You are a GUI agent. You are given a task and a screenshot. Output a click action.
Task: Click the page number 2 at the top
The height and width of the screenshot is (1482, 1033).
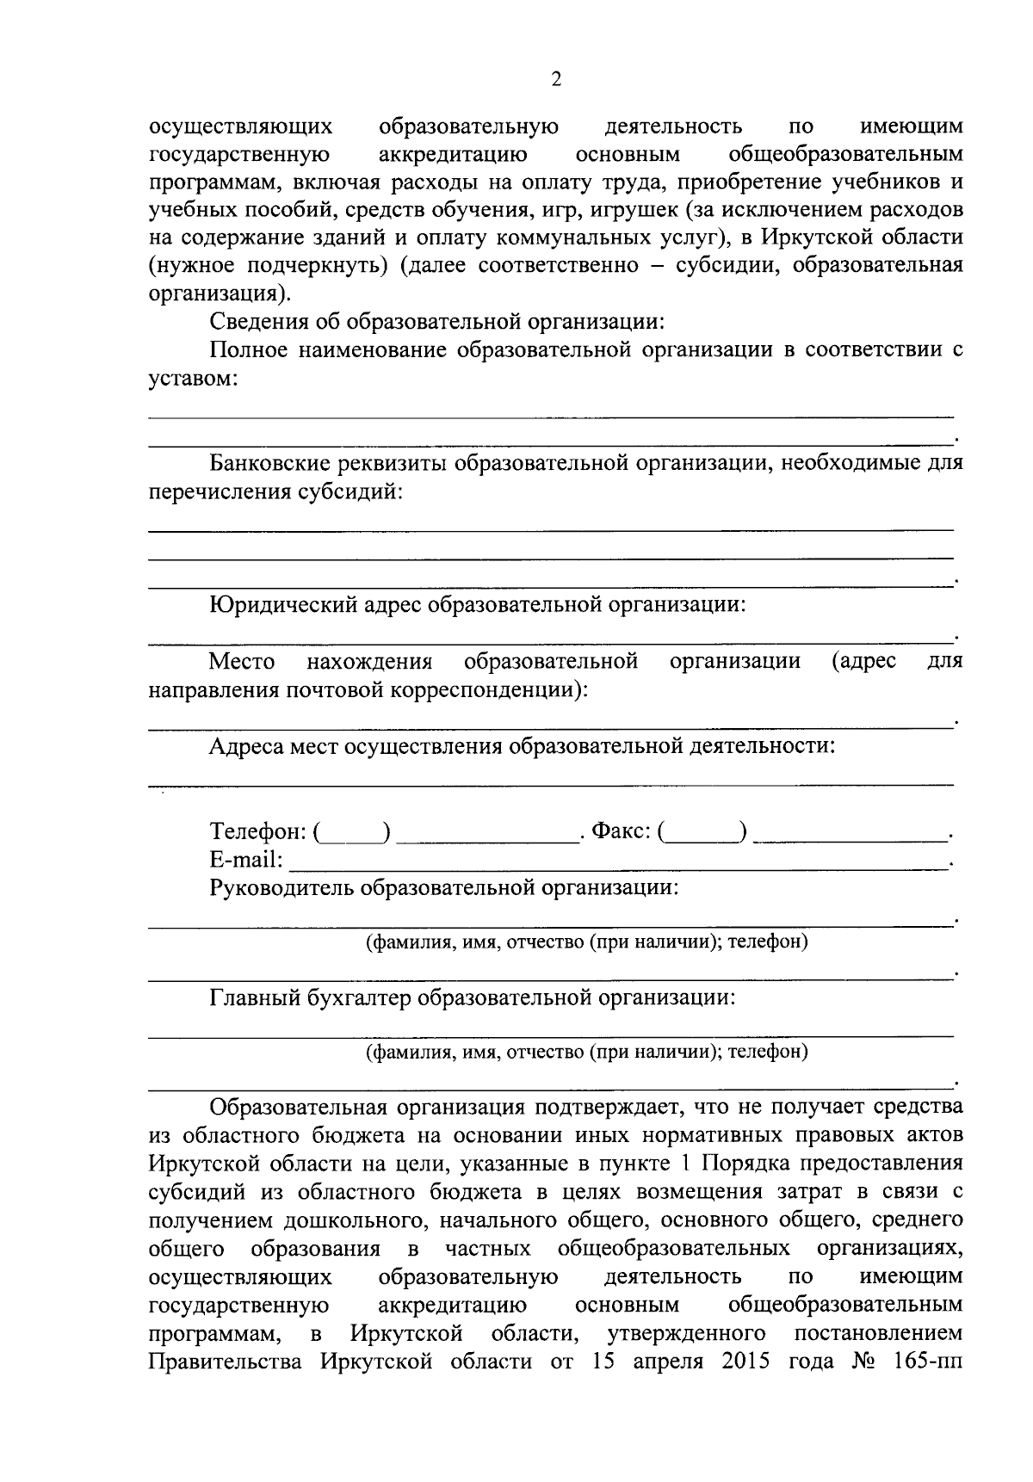point(555,80)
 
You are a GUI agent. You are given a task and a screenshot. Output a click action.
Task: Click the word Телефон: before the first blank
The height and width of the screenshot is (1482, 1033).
point(258,832)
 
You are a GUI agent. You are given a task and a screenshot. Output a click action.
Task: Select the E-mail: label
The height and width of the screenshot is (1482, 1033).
point(246,860)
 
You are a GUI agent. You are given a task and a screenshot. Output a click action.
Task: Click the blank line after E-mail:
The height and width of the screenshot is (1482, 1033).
point(616,864)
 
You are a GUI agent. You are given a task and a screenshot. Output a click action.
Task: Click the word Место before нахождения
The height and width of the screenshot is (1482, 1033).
point(243,662)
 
